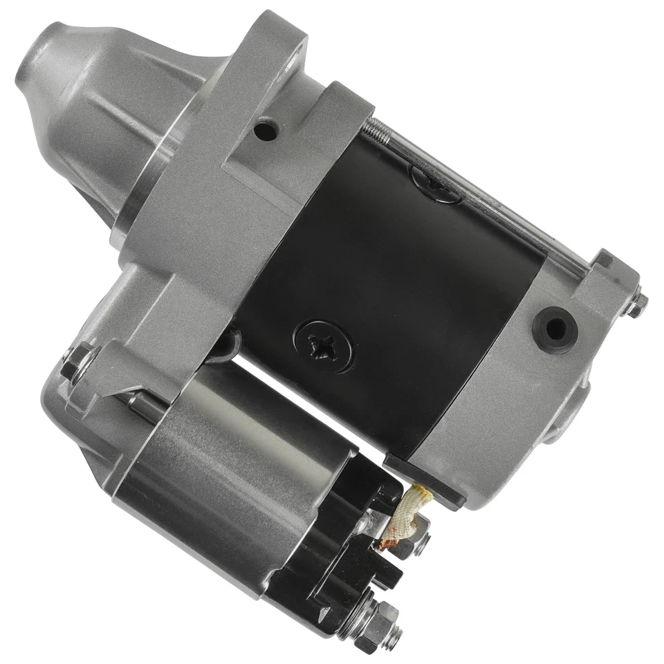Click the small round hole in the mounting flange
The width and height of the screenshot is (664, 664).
pos(265,129)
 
